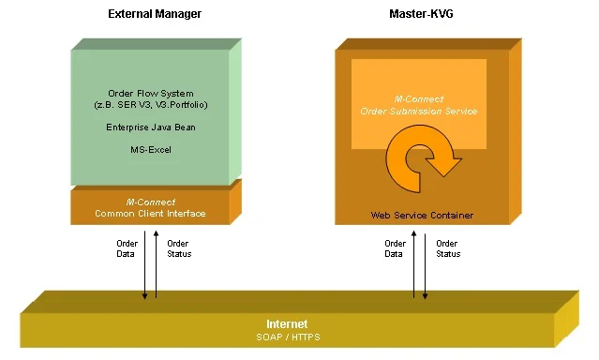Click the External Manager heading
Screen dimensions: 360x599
154,14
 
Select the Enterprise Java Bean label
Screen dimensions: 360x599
150,127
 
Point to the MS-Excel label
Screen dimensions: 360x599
150,149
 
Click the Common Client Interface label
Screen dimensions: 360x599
150,214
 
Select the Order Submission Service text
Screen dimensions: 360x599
419,111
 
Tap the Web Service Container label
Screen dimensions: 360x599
422,216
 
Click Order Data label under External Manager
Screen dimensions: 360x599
127,248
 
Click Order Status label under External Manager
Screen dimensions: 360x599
178,248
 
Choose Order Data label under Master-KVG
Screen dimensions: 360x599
396,248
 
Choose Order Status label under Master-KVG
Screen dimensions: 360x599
447,248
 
